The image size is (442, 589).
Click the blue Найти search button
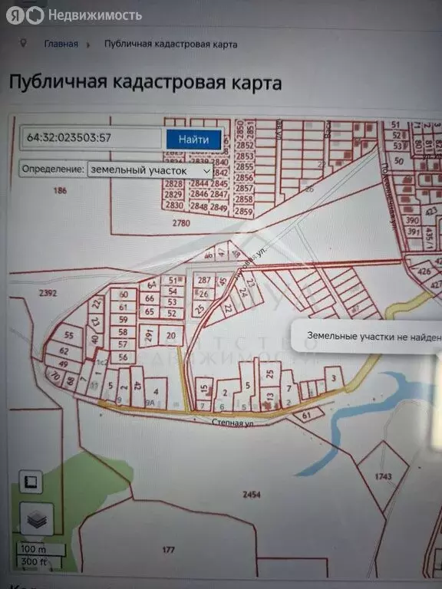pyautogui.click(x=194, y=140)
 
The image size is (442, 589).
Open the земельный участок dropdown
pyautogui.click(x=150, y=169)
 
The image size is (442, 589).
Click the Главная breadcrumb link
pyautogui.click(x=61, y=44)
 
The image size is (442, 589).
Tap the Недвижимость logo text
pyautogui.click(x=94, y=15)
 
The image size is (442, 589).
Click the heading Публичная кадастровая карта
pyautogui.click(x=145, y=83)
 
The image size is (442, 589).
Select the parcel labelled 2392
pyautogui.click(x=27, y=293)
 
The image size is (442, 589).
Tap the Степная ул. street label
pyautogui.click(x=233, y=421)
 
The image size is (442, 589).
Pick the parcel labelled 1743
pyautogui.click(x=384, y=476)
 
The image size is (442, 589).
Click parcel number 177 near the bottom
pyautogui.click(x=169, y=550)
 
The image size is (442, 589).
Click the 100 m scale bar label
pyautogui.click(x=33, y=549)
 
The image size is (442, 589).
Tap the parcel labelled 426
pyautogui.click(x=424, y=271)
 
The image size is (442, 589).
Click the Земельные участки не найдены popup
pyautogui.click(x=368, y=336)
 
